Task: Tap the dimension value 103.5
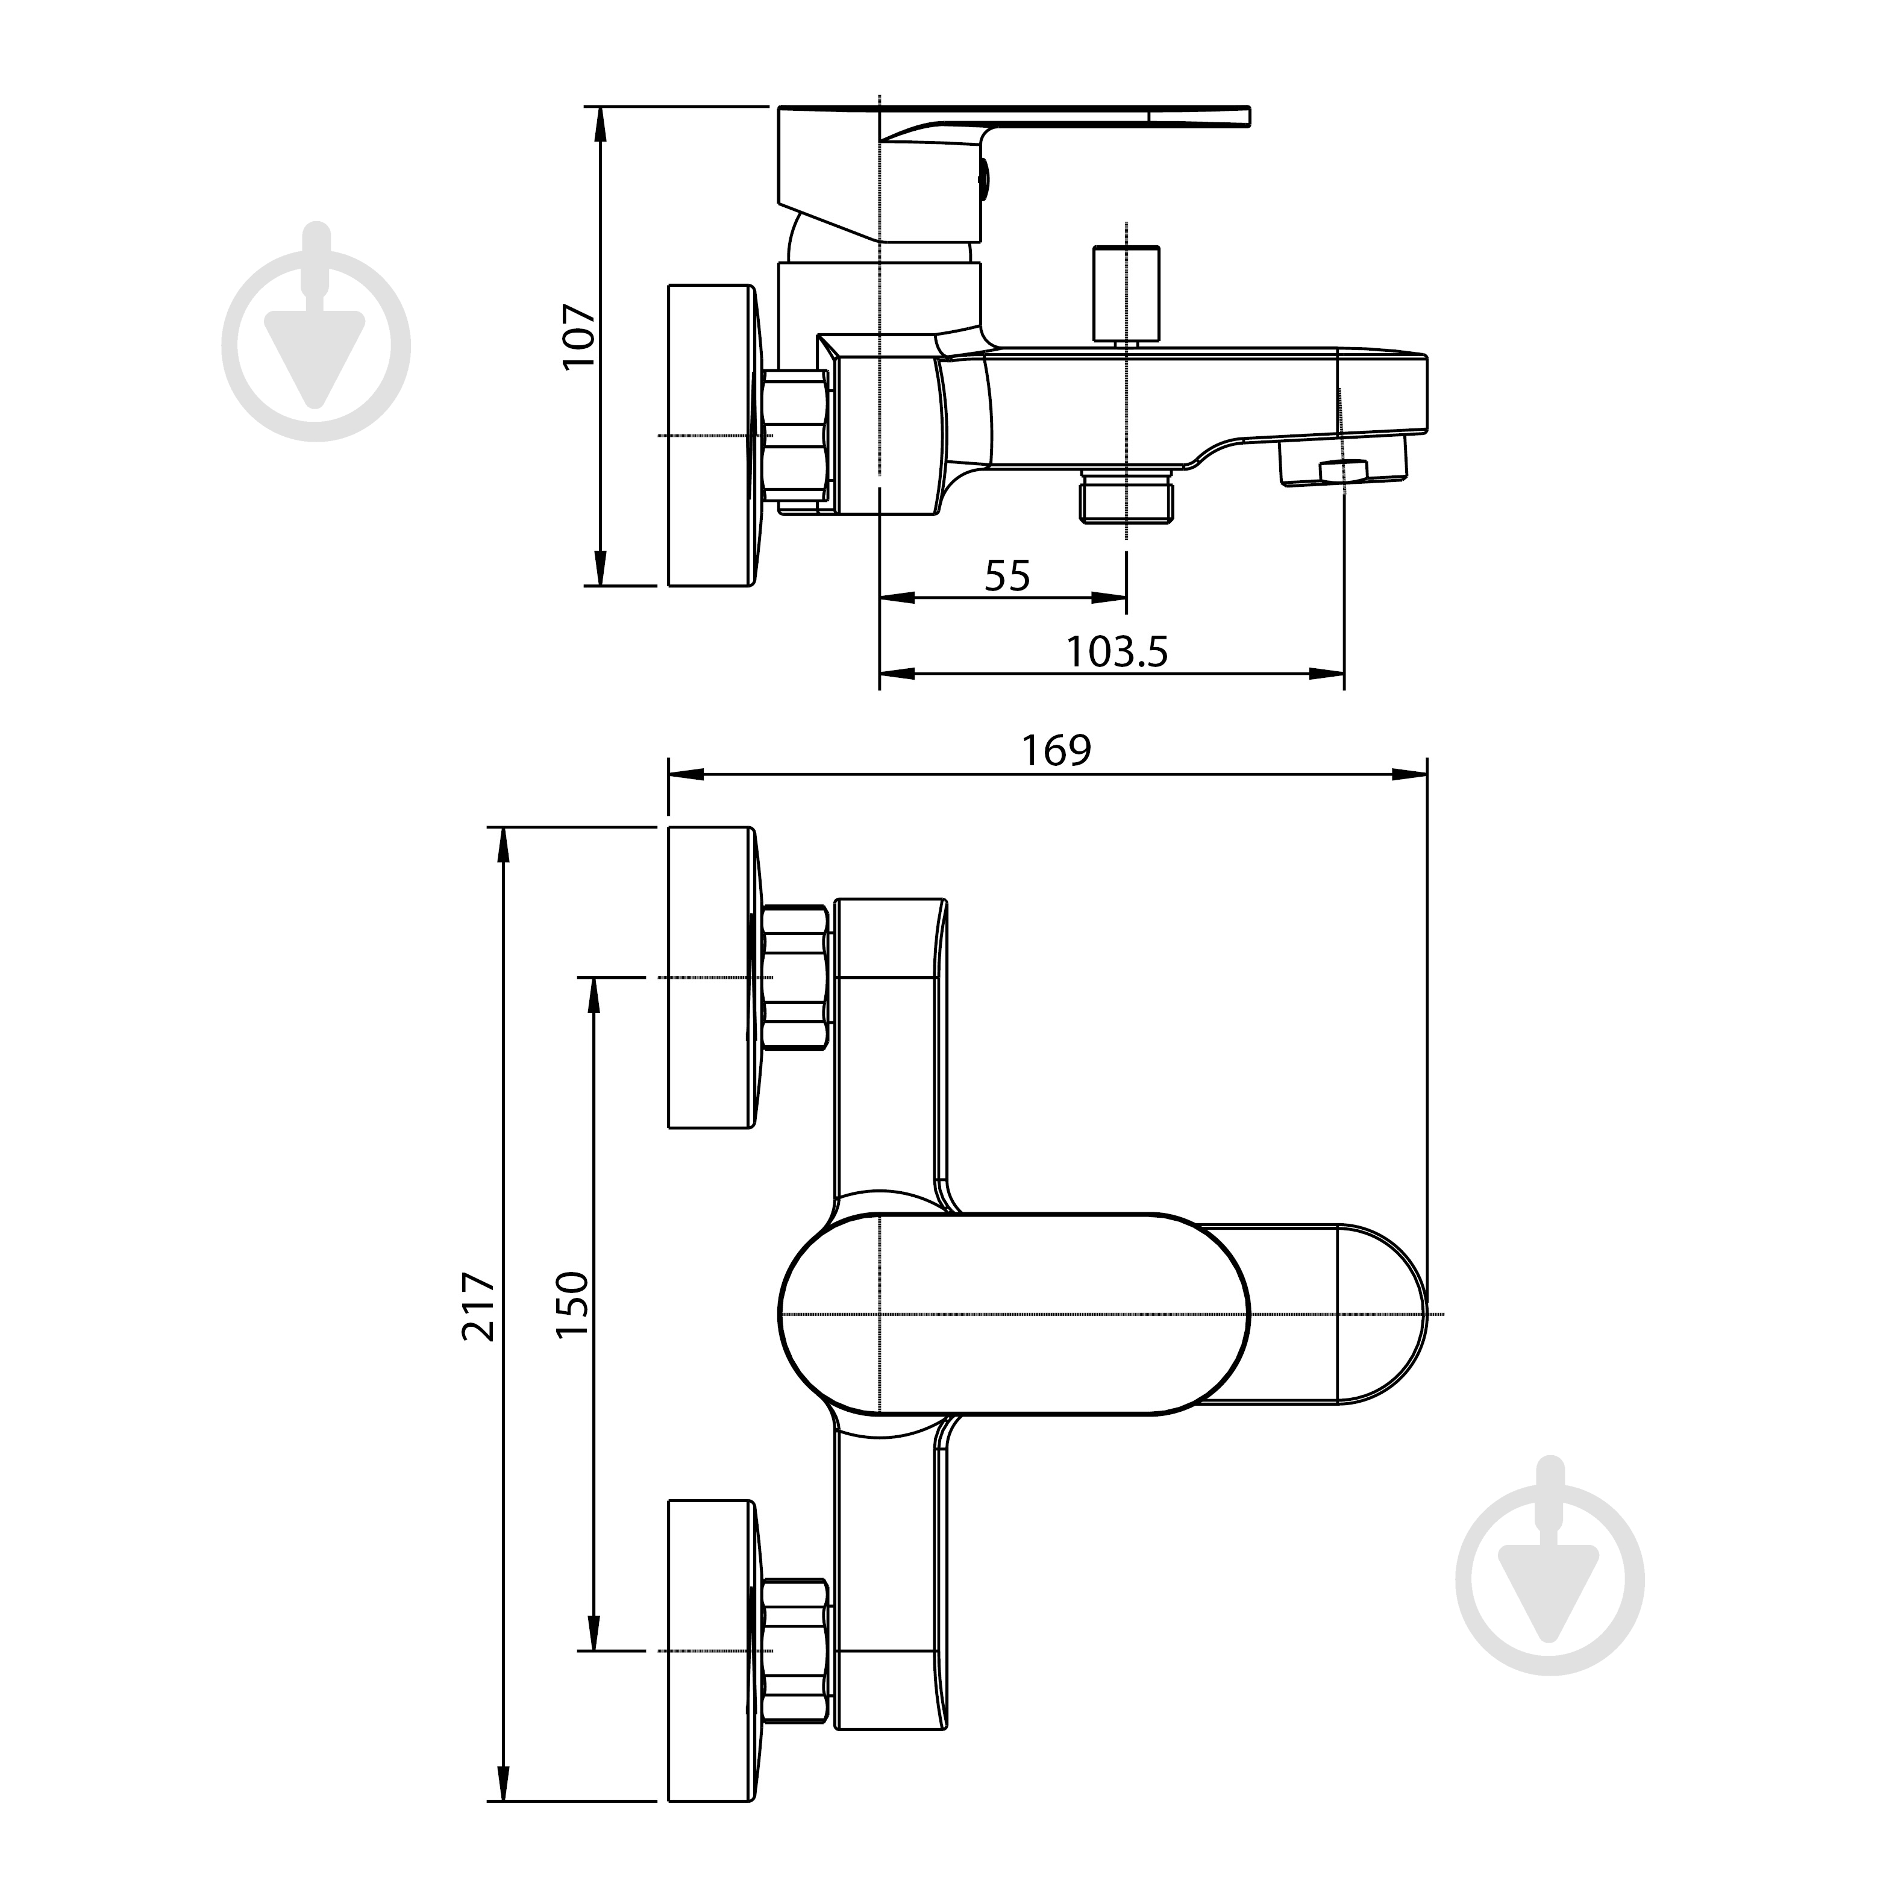click(1117, 651)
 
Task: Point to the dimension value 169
click(1056, 751)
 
